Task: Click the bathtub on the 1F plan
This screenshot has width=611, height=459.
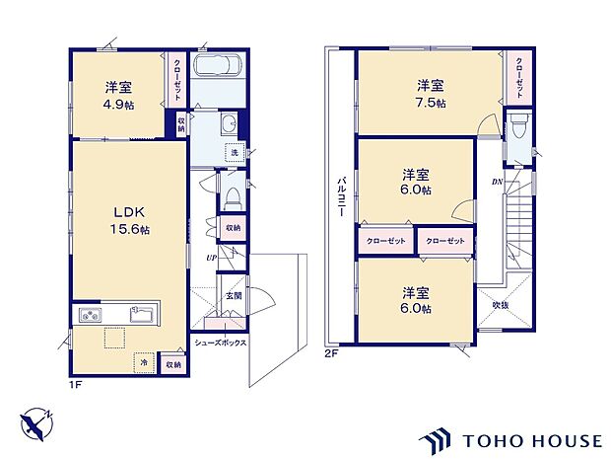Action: [218, 65]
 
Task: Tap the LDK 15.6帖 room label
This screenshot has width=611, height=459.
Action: [129, 221]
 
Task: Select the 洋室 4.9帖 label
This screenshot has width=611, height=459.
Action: [118, 95]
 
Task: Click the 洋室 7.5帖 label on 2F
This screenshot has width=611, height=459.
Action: [431, 94]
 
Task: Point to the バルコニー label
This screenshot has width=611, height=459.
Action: [341, 196]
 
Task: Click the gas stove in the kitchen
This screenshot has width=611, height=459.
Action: [91, 315]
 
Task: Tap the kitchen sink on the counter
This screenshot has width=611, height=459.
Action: [143, 314]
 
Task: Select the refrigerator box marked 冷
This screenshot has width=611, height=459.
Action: [144, 362]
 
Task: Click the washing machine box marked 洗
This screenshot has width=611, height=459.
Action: [235, 153]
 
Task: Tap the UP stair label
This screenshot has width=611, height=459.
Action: [212, 258]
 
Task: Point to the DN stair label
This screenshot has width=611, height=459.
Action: [497, 182]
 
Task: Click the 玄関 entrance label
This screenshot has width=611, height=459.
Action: [234, 295]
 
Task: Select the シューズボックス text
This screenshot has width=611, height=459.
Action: [221, 343]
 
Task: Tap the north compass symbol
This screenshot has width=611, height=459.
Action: [36, 424]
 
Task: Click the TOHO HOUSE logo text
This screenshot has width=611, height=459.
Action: [532, 441]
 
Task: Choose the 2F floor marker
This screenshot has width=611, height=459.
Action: [330, 354]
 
